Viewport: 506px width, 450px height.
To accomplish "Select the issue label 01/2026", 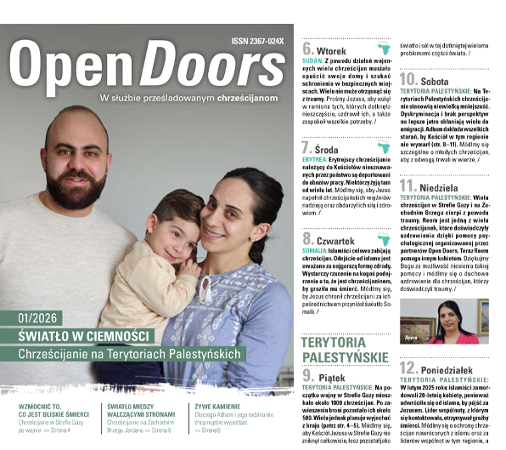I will [x=38, y=317].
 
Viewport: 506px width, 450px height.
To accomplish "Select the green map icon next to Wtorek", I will [x=383, y=48].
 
